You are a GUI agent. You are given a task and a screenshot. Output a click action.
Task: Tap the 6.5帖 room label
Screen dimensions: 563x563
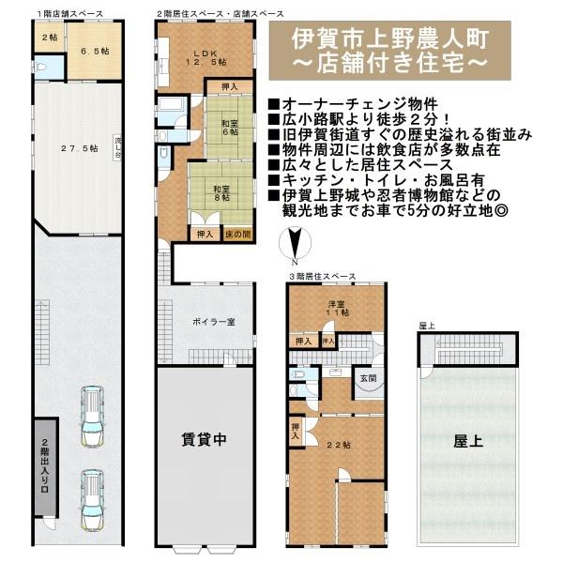click(93, 52)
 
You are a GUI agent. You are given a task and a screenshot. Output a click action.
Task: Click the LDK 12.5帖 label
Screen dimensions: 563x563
click(205, 56)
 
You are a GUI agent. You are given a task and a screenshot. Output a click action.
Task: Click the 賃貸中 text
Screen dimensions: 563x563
click(204, 437)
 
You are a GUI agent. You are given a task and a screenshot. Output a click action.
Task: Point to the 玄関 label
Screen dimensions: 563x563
click(367, 379)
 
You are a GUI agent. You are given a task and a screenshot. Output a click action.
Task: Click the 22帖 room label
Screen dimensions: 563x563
click(337, 444)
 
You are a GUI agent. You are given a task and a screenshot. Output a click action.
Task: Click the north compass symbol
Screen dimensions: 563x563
click(294, 247)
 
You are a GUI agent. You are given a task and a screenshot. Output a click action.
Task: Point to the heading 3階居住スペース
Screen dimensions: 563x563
click(322, 278)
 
